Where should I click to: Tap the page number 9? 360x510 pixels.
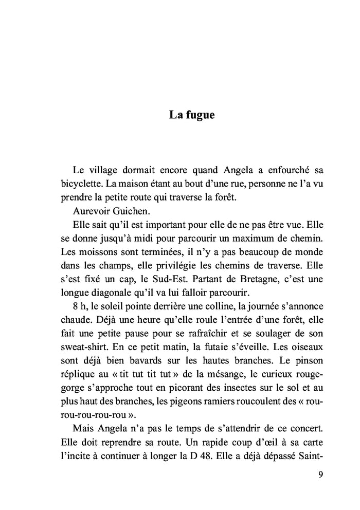(x=321, y=475)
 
